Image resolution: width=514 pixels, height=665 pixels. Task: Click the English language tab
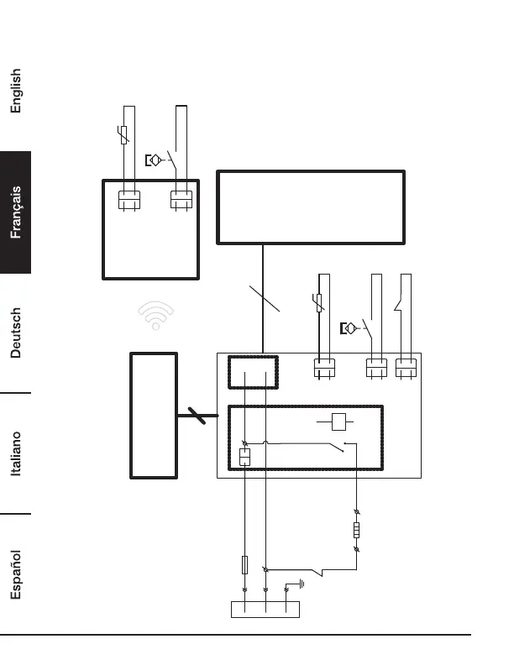[x=16, y=91]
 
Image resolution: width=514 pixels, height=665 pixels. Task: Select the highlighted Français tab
[x=16, y=212]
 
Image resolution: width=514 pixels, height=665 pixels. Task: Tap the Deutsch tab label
[x=16, y=332]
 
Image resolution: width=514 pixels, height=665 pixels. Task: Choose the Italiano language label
[x=16, y=454]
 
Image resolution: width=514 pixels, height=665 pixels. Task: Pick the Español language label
[x=16, y=574]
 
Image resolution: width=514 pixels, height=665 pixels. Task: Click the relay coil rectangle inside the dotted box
[x=338, y=422]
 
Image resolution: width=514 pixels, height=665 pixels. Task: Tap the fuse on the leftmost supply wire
[x=244, y=564]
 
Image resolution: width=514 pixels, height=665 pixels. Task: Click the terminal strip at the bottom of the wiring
[x=265, y=610]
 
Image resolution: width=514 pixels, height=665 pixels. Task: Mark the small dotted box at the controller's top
[x=253, y=371]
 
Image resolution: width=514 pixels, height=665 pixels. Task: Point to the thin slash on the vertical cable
[x=265, y=300]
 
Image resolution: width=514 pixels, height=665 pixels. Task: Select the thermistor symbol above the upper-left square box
[x=124, y=134]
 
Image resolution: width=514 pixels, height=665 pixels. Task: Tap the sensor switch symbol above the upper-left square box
[x=155, y=160]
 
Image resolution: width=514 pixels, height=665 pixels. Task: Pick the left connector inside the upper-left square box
[x=128, y=199]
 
